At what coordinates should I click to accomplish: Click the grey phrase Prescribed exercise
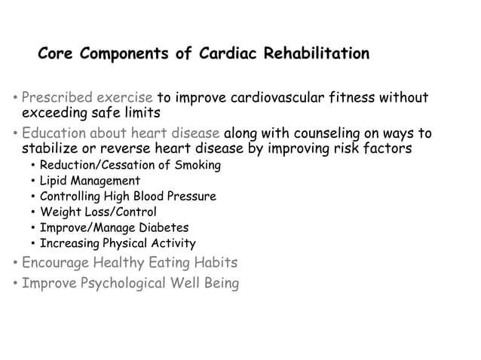[87, 98]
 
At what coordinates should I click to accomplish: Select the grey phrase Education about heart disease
[121, 134]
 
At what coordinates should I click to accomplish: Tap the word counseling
[324, 134]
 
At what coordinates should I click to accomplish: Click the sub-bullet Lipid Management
[90, 181]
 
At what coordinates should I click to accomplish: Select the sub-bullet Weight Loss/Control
[98, 212]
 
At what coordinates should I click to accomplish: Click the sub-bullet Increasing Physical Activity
[117, 243]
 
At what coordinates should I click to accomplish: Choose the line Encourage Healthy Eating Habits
[129, 263]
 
